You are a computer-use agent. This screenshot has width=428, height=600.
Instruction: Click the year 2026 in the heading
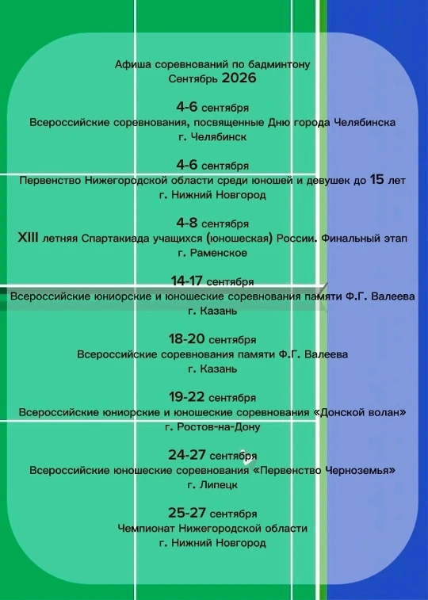point(239,78)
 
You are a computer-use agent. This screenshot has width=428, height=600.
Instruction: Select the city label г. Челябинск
point(212,136)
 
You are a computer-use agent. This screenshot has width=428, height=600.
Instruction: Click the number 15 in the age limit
point(376,179)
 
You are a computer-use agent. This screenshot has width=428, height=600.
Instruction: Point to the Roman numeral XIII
point(28,238)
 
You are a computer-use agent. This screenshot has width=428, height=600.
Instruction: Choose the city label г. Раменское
point(212,253)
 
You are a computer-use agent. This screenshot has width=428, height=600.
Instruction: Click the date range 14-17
point(186,281)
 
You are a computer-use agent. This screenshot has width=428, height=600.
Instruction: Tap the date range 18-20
point(187,339)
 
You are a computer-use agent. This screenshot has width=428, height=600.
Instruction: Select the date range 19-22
point(187,397)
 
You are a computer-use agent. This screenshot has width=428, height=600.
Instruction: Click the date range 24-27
point(187,455)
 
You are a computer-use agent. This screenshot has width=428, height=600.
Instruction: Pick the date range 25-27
point(187,513)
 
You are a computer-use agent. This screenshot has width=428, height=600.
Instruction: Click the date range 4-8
point(187,223)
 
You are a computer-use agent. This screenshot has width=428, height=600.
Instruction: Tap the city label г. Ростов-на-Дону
point(212,427)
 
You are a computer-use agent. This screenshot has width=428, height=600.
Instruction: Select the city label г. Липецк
point(212,485)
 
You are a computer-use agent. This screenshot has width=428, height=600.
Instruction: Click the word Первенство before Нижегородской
point(50,180)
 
